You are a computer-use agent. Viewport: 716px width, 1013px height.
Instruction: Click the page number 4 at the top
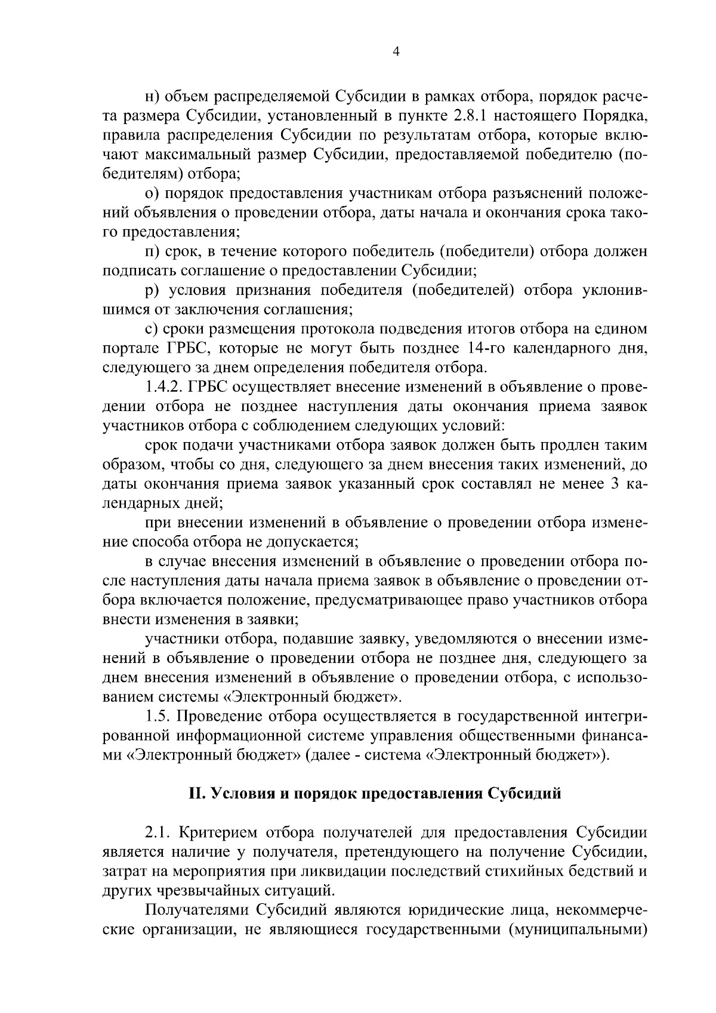pyautogui.click(x=396, y=52)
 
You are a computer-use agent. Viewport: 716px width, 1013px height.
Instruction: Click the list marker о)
pyautogui.click(x=152, y=194)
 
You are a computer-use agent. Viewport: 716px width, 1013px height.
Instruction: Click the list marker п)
pyautogui.click(x=153, y=252)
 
